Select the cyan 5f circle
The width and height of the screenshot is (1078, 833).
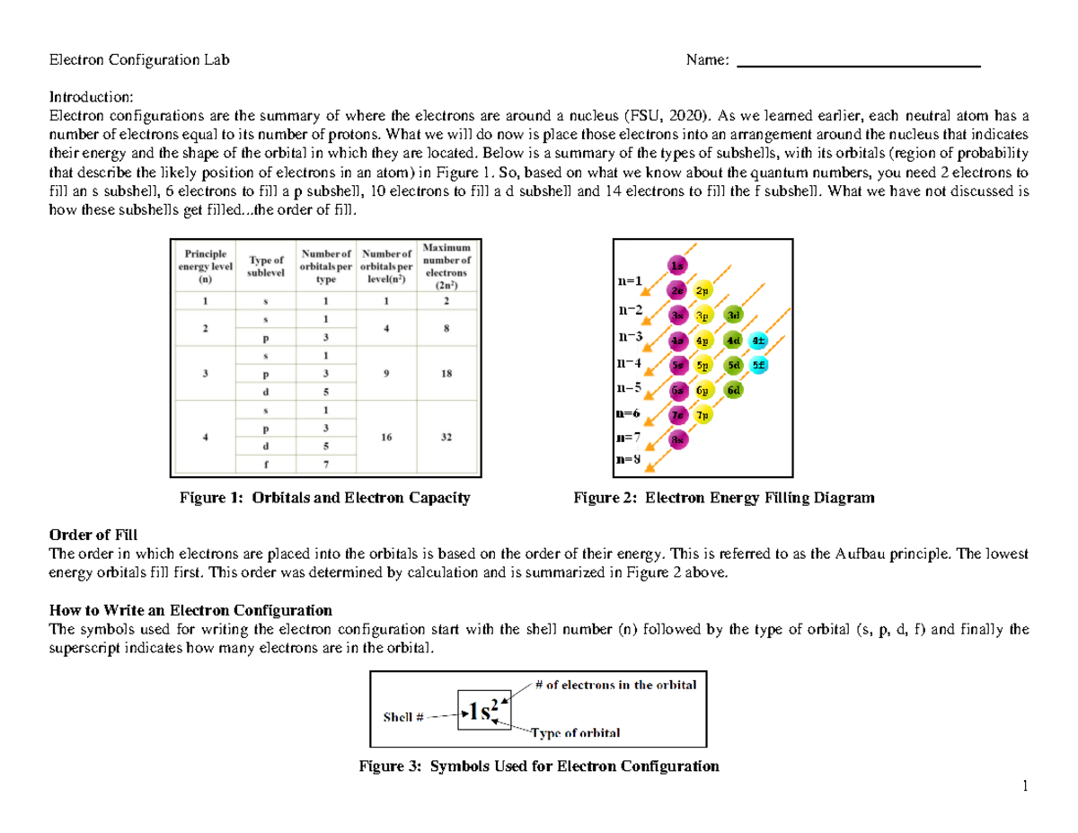758,366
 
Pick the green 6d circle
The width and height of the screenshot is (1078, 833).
734,391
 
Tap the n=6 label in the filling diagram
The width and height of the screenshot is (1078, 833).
628,414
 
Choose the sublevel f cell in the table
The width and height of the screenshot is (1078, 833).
265,465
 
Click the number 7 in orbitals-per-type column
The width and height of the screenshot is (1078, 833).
326,465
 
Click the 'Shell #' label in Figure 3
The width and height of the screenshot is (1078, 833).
402,717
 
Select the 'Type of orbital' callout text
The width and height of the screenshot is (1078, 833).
575,733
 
